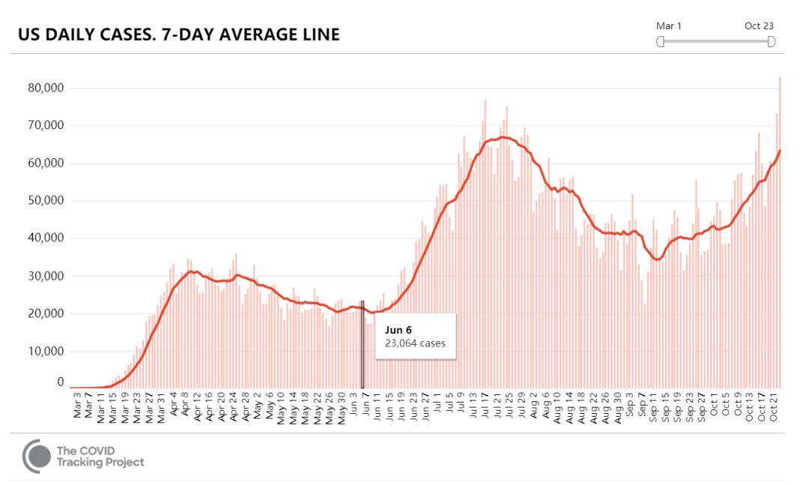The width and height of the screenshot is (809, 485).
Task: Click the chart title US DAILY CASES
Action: tap(179, 34)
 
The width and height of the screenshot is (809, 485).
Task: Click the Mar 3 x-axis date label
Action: tap(77, 403)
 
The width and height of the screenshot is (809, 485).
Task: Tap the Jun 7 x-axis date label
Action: tap(365, 403)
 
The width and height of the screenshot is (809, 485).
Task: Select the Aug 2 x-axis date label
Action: tap(533, 403)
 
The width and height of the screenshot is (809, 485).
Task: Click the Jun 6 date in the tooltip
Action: tap(399, 330)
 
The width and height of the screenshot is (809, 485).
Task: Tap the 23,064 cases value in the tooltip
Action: tap(415, 344)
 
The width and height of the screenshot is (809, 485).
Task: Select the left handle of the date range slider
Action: tap(661, 42)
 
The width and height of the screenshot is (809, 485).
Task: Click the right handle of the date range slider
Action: tap(772, 42)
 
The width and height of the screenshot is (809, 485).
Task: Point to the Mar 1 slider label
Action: tap(670, 26)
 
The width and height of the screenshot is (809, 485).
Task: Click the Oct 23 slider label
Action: tap(759, 26)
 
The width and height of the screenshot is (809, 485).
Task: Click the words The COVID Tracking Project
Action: tap(100, 456)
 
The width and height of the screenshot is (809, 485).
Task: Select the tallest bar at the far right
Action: tap(780, 225)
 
